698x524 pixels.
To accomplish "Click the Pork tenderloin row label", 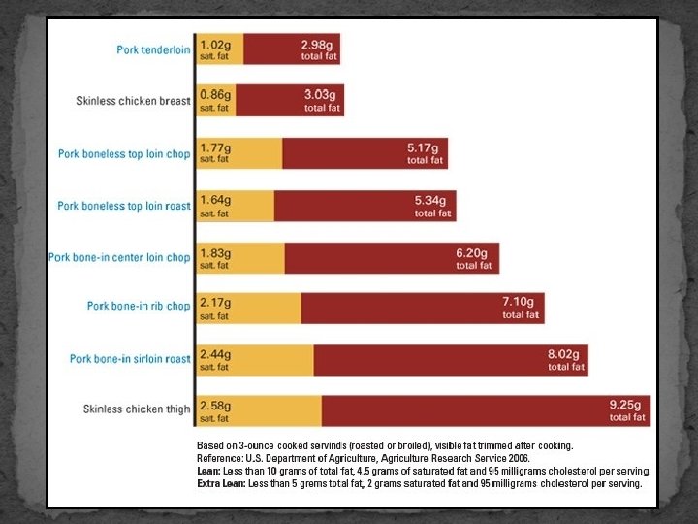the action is point(153,49).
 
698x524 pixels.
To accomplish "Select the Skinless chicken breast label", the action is point(133,101).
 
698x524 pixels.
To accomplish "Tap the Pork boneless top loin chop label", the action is point(124,153).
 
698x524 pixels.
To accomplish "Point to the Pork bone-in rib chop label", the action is point(139,306).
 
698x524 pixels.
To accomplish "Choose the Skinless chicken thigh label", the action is point(137,409).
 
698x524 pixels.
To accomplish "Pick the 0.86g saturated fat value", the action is point(215,95).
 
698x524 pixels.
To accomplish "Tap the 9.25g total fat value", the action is point(625,405).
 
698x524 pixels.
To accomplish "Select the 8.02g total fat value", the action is point(563,354).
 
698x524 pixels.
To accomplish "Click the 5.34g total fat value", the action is point(430,200).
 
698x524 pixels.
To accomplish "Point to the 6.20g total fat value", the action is point(471,253).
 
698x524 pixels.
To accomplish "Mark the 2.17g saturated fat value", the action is point(215,303).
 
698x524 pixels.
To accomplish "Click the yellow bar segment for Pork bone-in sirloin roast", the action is point(255,360).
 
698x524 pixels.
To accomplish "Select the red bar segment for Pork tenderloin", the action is point(292,49).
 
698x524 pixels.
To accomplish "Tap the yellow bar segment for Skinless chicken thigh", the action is point(259,410).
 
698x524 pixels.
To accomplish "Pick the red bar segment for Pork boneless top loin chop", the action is point(365,153).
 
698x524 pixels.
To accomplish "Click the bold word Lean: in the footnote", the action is point(208,471).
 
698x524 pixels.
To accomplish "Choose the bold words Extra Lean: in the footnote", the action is point(221,484).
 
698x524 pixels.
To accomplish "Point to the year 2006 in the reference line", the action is point(519,458).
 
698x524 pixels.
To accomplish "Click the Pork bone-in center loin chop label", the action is point(119,257).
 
